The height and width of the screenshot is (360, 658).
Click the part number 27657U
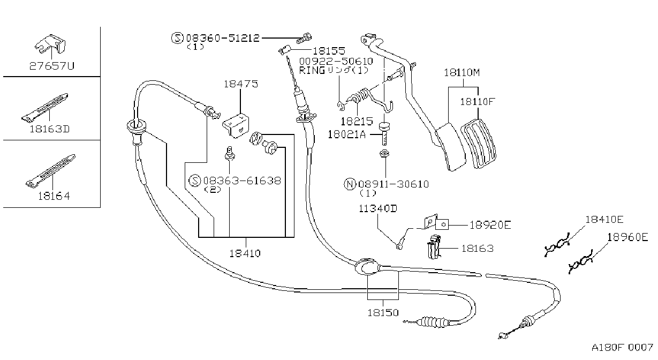(x=52, y=66)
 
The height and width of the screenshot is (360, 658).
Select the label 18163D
(x=50, y=129)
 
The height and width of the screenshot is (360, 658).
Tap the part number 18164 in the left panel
(x=54, y=196)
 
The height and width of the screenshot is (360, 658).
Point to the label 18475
(x=241, y=84)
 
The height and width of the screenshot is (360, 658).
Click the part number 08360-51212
(x=223, y=38)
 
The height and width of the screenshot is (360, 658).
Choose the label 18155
(x=329, y=51)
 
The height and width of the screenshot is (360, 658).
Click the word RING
(x=312, y=71)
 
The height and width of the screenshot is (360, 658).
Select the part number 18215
(x=357, y=121)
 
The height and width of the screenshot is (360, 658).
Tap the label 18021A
(x=346, y=134)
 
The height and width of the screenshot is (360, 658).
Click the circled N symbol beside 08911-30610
(x=350, y=184)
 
